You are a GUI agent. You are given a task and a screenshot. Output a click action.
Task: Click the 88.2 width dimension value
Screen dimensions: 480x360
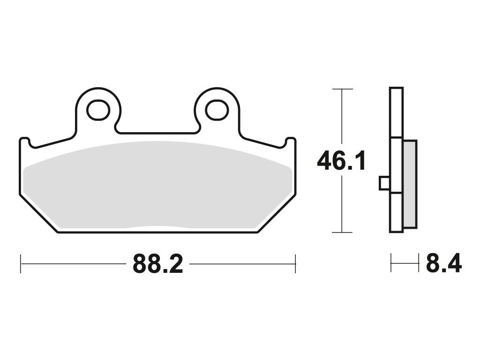[158, 264]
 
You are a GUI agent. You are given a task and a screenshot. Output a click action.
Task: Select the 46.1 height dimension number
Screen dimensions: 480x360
[341, 161]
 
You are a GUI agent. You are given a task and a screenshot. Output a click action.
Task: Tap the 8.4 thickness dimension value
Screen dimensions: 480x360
[444, 263]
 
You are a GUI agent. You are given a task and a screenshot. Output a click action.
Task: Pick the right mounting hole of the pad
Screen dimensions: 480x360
[217, 110]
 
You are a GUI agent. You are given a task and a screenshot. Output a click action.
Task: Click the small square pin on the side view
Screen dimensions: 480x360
[385, 183]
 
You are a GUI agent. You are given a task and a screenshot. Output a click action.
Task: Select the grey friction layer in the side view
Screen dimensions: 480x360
[410, 184]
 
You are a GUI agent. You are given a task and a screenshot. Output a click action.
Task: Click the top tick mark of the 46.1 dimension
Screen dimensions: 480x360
[342, 89]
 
